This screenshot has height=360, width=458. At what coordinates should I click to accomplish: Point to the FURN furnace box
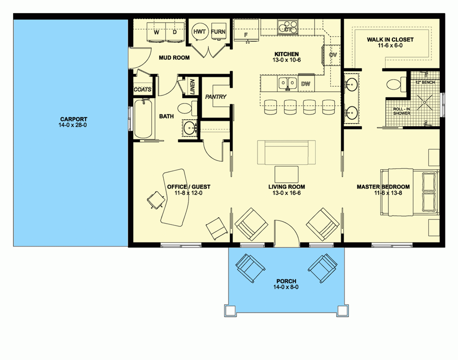(218, 32)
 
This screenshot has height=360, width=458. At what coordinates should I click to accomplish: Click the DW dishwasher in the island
(305, 84)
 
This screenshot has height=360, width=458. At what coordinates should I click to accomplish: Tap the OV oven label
(333, 55)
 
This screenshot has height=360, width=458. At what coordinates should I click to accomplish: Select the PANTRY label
(216, 97)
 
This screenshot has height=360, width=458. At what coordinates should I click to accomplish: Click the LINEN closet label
(191, 86)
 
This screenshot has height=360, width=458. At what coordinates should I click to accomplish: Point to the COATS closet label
(143, 90)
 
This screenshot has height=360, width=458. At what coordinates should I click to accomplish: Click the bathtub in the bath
(144, 119)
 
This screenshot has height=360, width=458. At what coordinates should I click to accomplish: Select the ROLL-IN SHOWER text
(402, 111)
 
